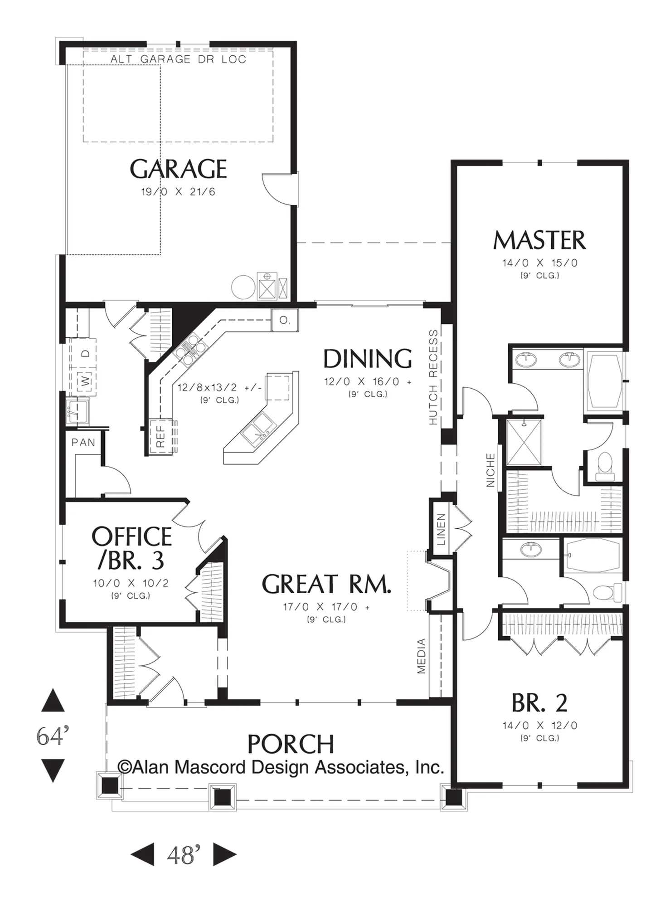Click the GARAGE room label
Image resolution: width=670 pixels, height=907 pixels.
tap(178, 169)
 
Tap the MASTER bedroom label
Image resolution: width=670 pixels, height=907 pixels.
tap(539, 240)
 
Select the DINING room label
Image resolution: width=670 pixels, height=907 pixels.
tap(368, 358)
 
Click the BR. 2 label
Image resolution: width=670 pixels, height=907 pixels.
tap(539, 703)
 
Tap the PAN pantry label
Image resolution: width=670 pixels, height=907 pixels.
tap(83, 442)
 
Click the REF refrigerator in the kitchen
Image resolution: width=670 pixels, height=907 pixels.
tap(160, 436)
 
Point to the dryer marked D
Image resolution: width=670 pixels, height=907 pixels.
tap(86, 352)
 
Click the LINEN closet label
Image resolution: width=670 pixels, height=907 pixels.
tap(441, 529)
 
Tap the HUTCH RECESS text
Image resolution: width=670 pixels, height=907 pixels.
tap(433, 377)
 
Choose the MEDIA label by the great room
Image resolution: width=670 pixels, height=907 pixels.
tap(421, 656)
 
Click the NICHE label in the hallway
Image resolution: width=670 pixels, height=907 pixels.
tap(490, 470)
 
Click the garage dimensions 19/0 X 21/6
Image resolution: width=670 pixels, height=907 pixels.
tap(178, 192)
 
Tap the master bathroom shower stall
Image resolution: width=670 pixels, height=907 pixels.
tap(524, 442)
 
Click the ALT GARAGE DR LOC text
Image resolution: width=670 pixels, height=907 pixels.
tap(178, 59)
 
